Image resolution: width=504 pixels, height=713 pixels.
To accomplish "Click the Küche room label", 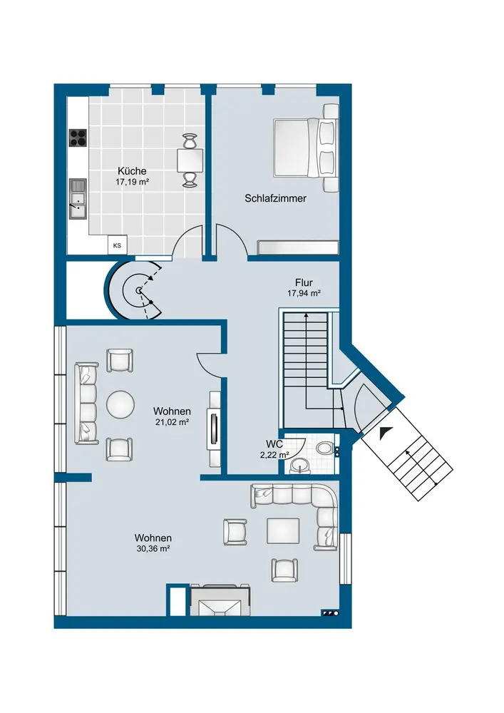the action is [132, 171].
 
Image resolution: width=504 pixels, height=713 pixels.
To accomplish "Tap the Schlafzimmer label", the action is [275, 198].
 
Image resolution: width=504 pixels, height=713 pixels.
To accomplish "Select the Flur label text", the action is [304, 282].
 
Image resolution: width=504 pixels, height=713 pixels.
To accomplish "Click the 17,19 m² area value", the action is [133, 182].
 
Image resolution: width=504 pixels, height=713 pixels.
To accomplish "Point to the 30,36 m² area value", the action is [153, 549].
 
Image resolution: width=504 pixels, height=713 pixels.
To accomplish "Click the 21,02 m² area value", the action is [172, 422].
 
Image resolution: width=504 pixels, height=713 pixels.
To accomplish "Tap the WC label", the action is [274, 444].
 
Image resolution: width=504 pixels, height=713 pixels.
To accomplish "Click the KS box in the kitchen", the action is [117, 245].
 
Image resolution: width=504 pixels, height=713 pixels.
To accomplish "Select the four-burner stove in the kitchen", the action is [78, 138].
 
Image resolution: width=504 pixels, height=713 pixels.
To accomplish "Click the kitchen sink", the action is [78, 199].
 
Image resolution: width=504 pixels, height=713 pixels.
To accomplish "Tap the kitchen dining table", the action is [190, 160].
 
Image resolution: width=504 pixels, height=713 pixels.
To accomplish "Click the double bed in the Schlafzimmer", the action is [305, 148].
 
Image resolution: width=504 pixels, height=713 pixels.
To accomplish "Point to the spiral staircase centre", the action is [138, 289].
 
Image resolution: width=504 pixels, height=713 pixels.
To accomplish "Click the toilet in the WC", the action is [326, 448].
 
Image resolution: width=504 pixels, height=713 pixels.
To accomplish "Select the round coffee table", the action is [120, 404].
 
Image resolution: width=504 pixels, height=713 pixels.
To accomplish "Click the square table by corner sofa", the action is [283, 531].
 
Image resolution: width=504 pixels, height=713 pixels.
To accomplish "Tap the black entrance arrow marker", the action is [385, 433].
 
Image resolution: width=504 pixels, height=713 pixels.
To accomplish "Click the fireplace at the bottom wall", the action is [220, 600].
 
